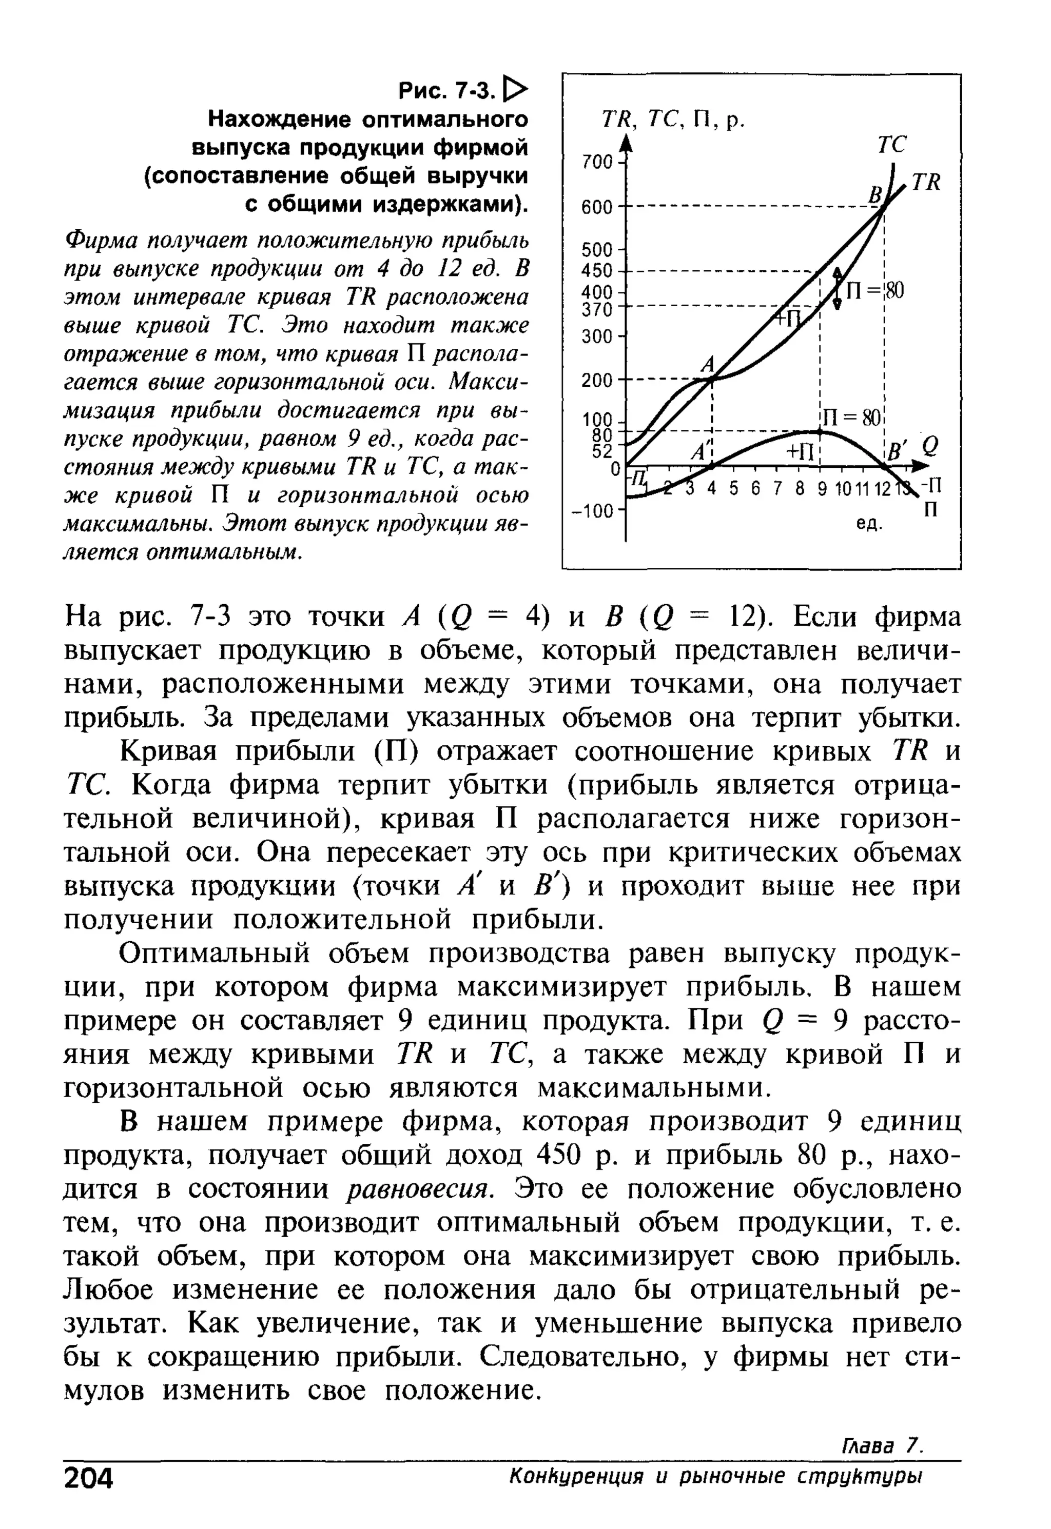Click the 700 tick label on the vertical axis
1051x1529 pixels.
pyautogui.click(x=597, y=162)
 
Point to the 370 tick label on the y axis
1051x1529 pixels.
pyautogui.click(x=597, y=309)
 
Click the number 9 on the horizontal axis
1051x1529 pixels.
pyautogui.click(x=821, y=489)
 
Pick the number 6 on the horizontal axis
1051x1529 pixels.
pyautogui.click(x=755, y=489)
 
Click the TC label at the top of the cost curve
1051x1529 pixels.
pyautogui.click(x=892, y=144)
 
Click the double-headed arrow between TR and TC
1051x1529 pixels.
pyautogui.click(x=836, y=288)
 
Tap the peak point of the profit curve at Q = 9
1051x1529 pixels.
pyautogui.click(x=821, y=432)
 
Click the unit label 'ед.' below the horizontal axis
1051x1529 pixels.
pyautogui.click(x=869, y=525)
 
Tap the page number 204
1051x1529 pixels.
pyautogui.click(x=89, y=1478)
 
